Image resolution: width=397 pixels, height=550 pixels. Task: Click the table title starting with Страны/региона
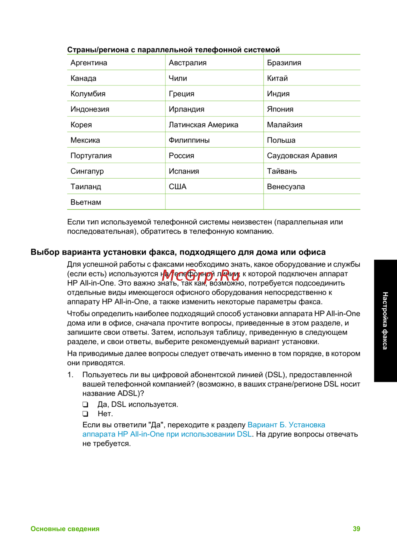[x=173, y=50]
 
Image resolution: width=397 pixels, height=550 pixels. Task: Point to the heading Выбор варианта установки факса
[x=178, y=252]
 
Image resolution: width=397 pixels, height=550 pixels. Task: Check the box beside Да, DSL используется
[x=85, y=405]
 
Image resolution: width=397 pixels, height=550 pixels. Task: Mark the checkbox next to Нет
[x=85, y=414]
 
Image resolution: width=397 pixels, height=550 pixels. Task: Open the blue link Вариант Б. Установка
[x=286, y=425]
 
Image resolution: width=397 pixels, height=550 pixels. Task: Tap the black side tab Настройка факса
[x=385, y=320]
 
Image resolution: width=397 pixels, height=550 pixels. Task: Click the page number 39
[x=357, y=529]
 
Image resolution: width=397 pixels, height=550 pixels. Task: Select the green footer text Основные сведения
[x=65, y=529]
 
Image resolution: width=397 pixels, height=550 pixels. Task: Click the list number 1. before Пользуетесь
[x=70, y=375]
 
